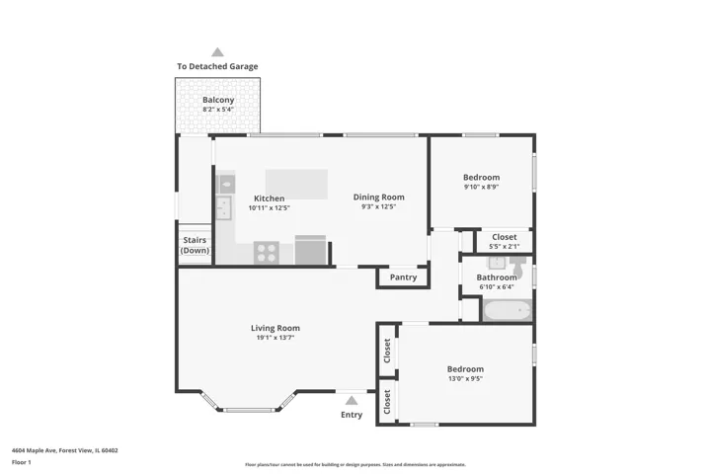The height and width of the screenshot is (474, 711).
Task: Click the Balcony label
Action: click(218, 100)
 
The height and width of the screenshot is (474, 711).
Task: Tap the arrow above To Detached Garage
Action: click(217, 52)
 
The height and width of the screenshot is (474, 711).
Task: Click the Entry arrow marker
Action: click(352, 401)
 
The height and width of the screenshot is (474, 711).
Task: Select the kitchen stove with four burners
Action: click(267, 253)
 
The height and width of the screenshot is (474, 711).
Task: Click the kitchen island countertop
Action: click(296, 184)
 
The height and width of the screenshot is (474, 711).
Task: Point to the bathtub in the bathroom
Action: click(508, 310)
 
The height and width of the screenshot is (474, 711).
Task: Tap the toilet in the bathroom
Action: click(517, 267)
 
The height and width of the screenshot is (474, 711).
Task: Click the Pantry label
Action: click(403, 277)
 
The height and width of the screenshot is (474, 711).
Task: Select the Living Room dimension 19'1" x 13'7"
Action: click(276, 338)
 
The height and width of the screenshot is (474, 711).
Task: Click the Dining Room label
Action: click(378, 197)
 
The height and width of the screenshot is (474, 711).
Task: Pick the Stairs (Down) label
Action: click(195, 245)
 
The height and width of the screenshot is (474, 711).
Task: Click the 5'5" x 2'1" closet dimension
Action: click(505, 247)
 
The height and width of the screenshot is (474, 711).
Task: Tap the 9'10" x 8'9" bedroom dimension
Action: click(482, 187)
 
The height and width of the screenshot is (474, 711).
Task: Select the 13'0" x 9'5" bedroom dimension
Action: click(465, 379)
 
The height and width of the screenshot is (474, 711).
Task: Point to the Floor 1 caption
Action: click(22, 462)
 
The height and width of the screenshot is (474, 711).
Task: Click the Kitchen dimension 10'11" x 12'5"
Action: click(269, 208)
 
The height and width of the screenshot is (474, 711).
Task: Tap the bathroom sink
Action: click(496, 263)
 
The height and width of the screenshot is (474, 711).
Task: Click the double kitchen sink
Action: click(223, 208)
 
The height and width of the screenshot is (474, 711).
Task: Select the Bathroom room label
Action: click(497, 277)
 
